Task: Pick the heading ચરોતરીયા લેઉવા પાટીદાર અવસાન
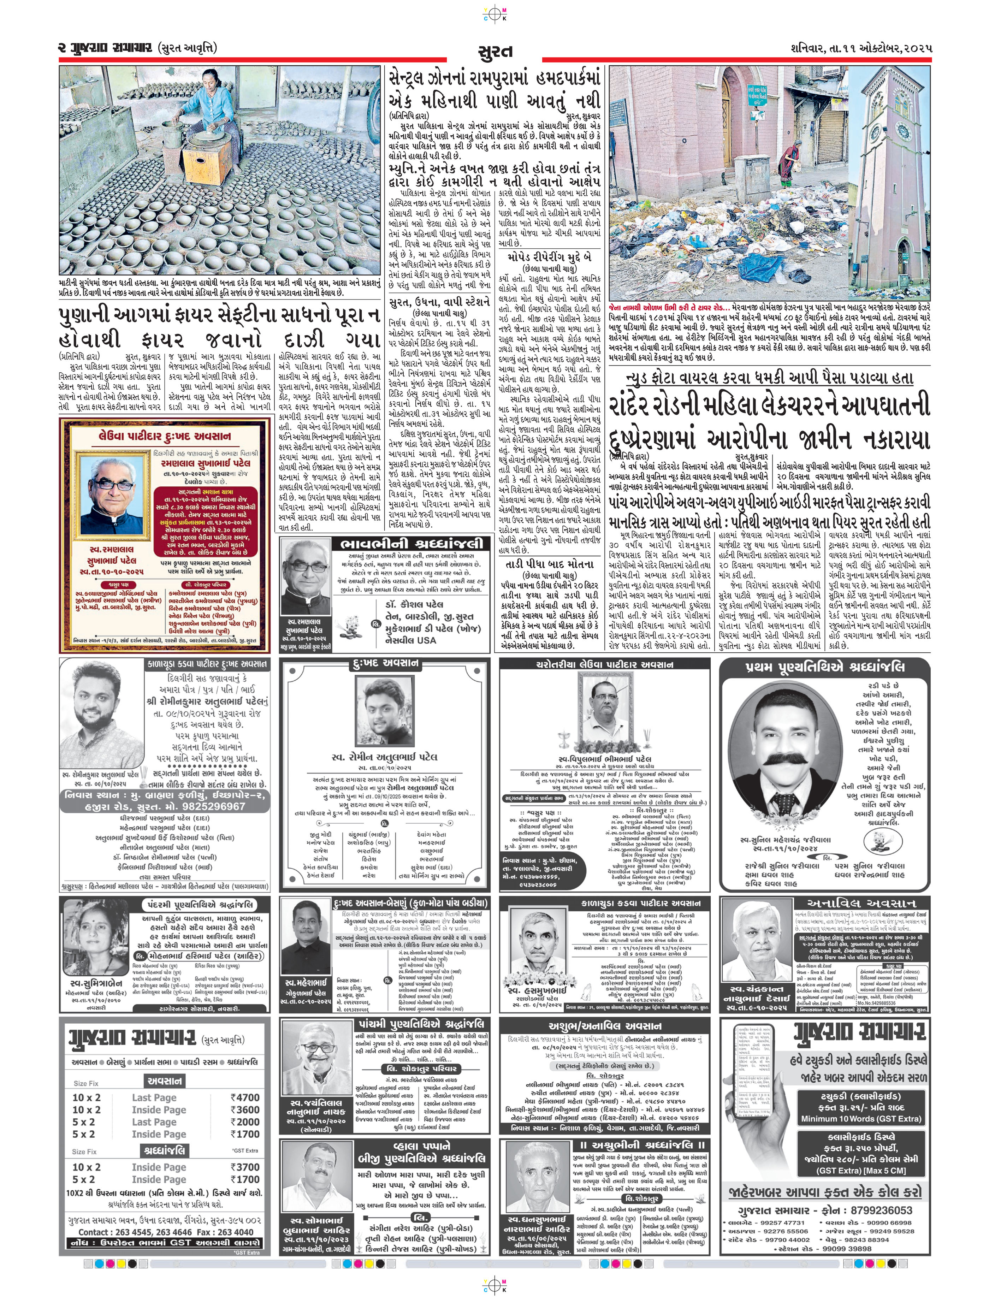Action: (x=604, y=664)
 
